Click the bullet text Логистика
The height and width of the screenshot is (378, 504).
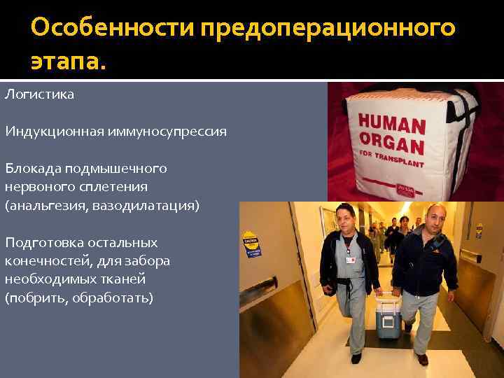click(39, 93)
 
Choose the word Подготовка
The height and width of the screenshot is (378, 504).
click(42, 243)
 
